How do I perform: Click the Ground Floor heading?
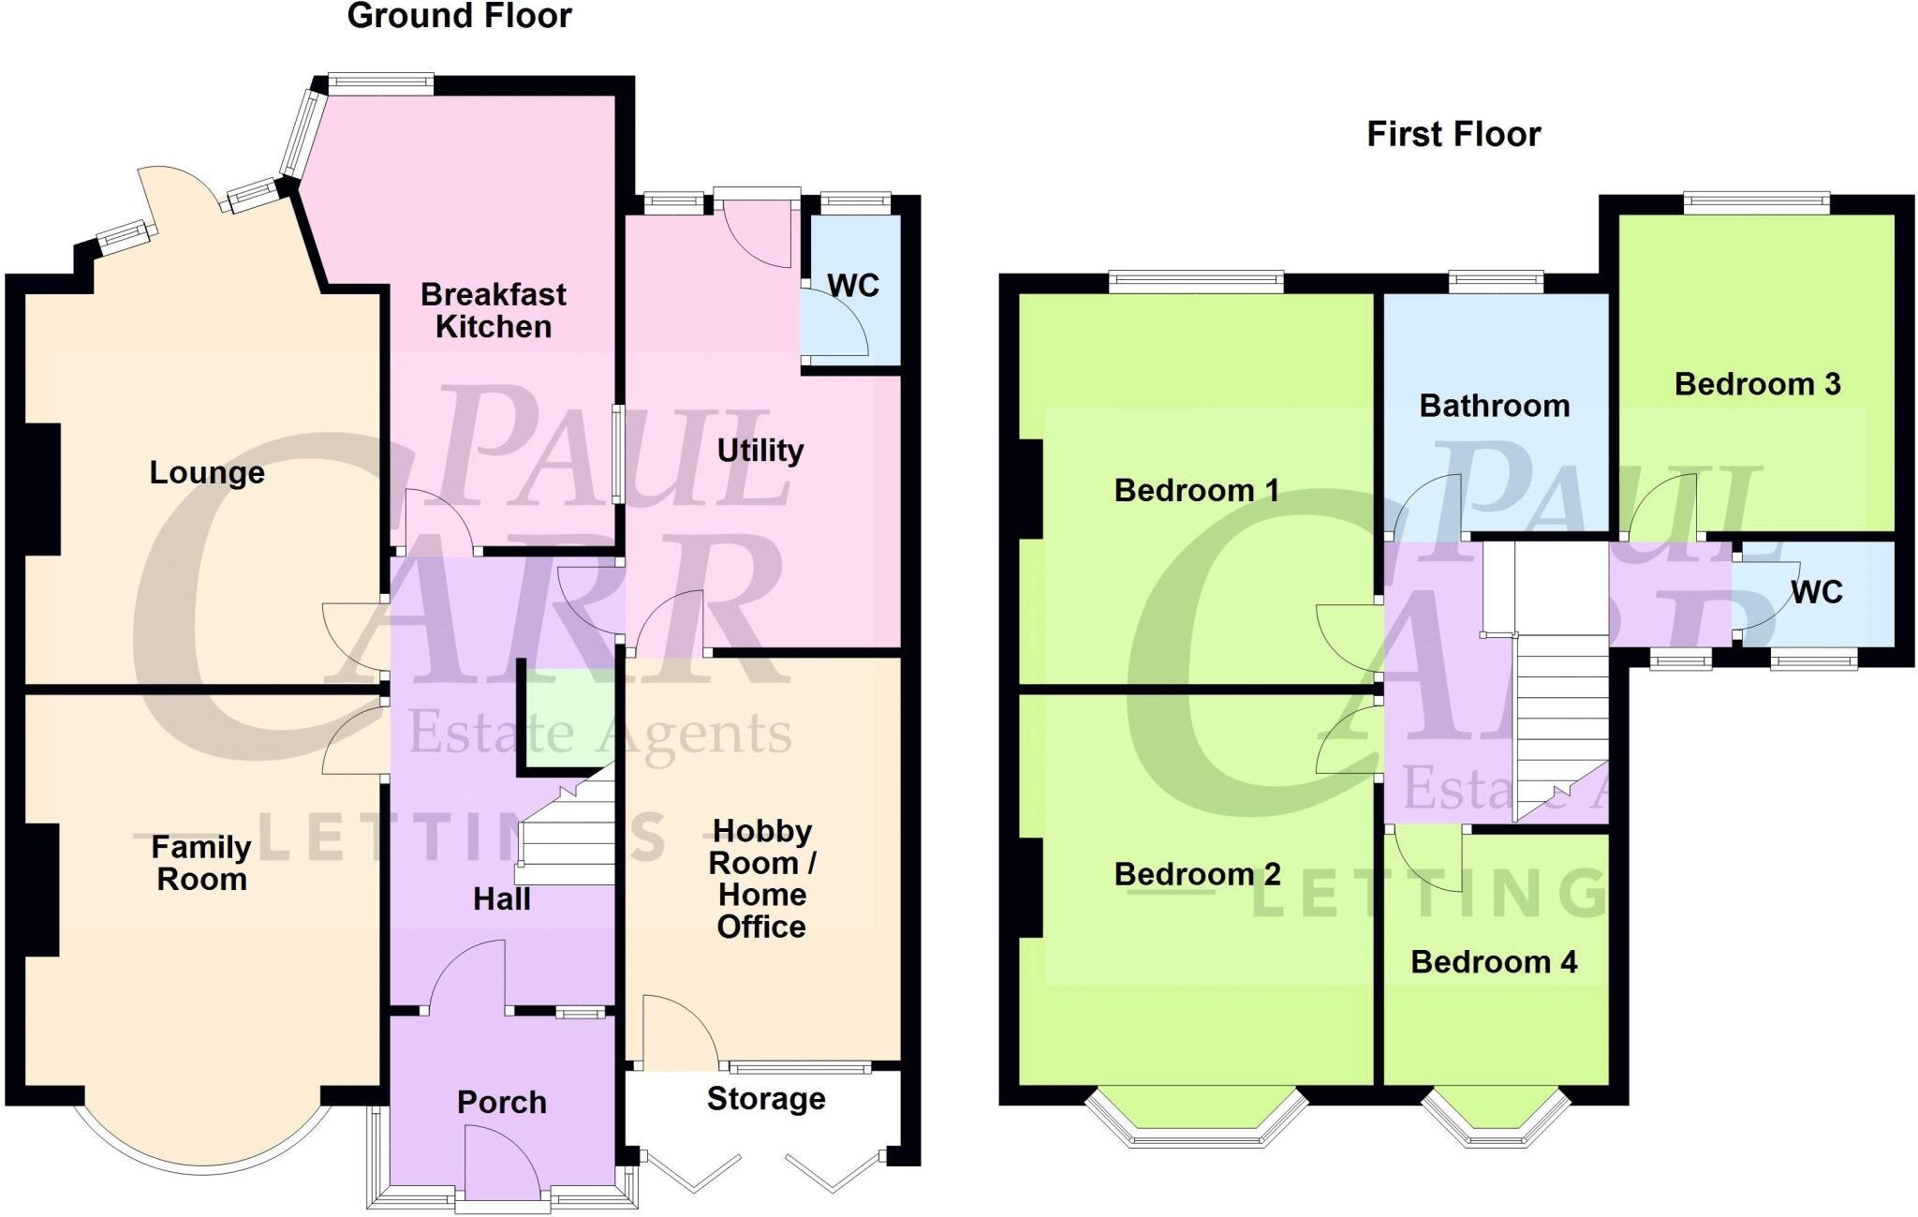pos(459,17)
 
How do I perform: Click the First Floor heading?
pos(1453,134)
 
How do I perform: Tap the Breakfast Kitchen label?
pos(494,310)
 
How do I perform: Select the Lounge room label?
pos(207,472)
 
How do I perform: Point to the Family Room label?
pos(201,863)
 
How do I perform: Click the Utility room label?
pos(760,451)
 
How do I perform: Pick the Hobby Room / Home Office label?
pos(761,878)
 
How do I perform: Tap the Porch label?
pos(502,1102)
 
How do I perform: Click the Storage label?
pos(766,1098)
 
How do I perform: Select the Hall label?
pos(502,899)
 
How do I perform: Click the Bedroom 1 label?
pos(1196,490)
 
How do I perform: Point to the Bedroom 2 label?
pos(1197,874)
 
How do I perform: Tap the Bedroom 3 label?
pos(1757,384)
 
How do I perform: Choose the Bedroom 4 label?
pos(1494,962)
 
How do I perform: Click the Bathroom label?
pos(1495,406)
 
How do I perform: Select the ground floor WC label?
pos(853,286)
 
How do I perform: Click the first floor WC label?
pos(1816,592)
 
